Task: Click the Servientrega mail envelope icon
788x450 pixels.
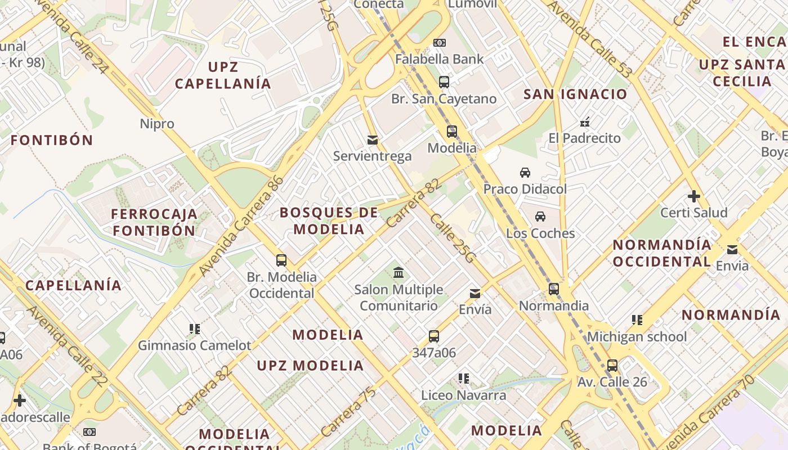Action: coord(372,139)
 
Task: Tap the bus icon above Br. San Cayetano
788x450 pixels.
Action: coord(444,82)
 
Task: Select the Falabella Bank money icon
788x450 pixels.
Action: coord(440,43)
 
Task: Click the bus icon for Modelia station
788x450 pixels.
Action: coord(452,132)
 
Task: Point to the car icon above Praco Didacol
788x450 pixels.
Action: coord(525,172)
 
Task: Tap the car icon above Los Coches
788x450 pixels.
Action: coord(540,217)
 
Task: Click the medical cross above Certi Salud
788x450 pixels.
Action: coord(694,196)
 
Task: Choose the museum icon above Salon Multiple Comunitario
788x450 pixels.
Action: coord(399,273)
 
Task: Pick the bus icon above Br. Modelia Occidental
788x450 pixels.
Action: coord(281,260)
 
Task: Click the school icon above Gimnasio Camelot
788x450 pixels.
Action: coord(195,328)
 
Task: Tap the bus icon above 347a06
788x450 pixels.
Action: coord(434,336)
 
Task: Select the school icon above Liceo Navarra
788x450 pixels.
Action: coord(464,379)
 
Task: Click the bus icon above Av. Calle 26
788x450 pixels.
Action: coord(612,366)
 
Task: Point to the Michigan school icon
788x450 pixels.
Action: coord(637,320)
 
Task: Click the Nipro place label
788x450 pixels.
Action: coord(157,124)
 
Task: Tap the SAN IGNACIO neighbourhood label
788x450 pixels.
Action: coord(575,94)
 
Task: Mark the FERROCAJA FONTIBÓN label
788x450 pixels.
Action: coord(154,222)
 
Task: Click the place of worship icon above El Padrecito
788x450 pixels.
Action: coord(585,121)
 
